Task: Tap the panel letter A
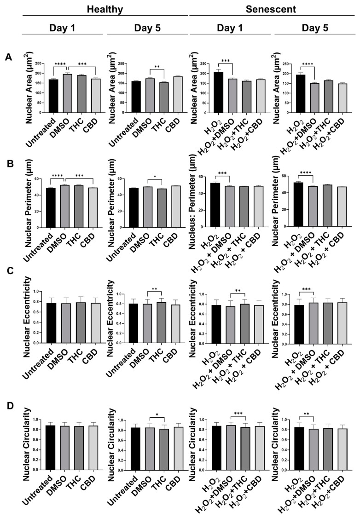[x=8, y=57]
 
